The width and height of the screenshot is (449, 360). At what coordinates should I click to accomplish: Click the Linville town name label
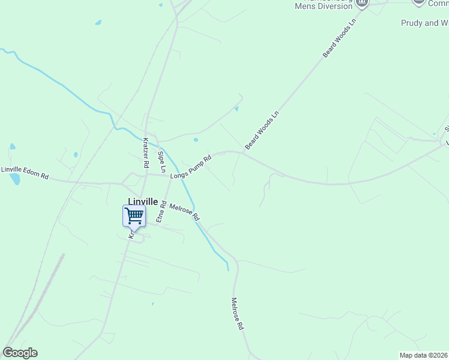(x=143, y=202)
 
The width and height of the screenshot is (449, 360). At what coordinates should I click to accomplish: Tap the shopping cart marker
(x=134, y=216)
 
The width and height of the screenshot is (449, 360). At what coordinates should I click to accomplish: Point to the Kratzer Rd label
(x=145, y=152)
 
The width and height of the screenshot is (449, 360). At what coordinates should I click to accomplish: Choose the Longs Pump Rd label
(x=191, y=167)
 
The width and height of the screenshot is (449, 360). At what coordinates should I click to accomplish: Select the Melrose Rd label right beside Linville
(x=184, y=211)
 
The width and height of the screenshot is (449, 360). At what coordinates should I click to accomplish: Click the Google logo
(x=20, y=353)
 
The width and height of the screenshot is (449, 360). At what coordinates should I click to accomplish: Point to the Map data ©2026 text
(x=423, y=355)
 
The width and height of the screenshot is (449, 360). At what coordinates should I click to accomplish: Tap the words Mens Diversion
(x=323, y=6)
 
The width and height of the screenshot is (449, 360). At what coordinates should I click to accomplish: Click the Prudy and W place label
(x=424, y=23)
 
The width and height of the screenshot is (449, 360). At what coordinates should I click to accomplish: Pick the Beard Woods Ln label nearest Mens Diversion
(x=339, y=38)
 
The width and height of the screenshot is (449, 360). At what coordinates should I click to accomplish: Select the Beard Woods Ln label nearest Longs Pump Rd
(x=262, y=130)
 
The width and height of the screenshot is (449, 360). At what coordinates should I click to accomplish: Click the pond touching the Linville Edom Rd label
(x=15, y=179)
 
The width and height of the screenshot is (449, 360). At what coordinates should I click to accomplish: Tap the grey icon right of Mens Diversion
(x=362, y=4)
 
